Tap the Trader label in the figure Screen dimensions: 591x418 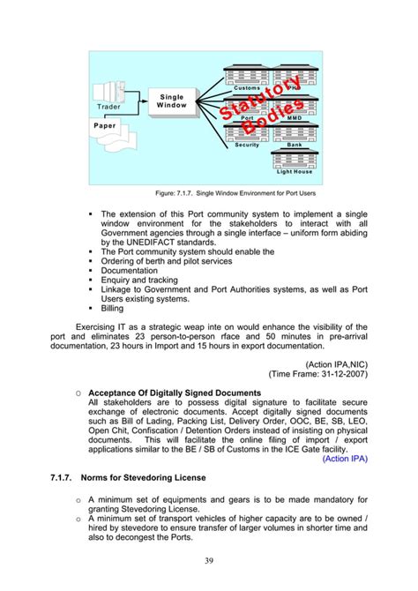(x=110, y=107)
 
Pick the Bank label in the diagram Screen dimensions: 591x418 (x=295, y=144)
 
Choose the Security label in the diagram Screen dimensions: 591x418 (x=247, y=144)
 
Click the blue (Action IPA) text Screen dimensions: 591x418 (x=345, y=458)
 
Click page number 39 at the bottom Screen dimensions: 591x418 (x=208, y=560)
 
